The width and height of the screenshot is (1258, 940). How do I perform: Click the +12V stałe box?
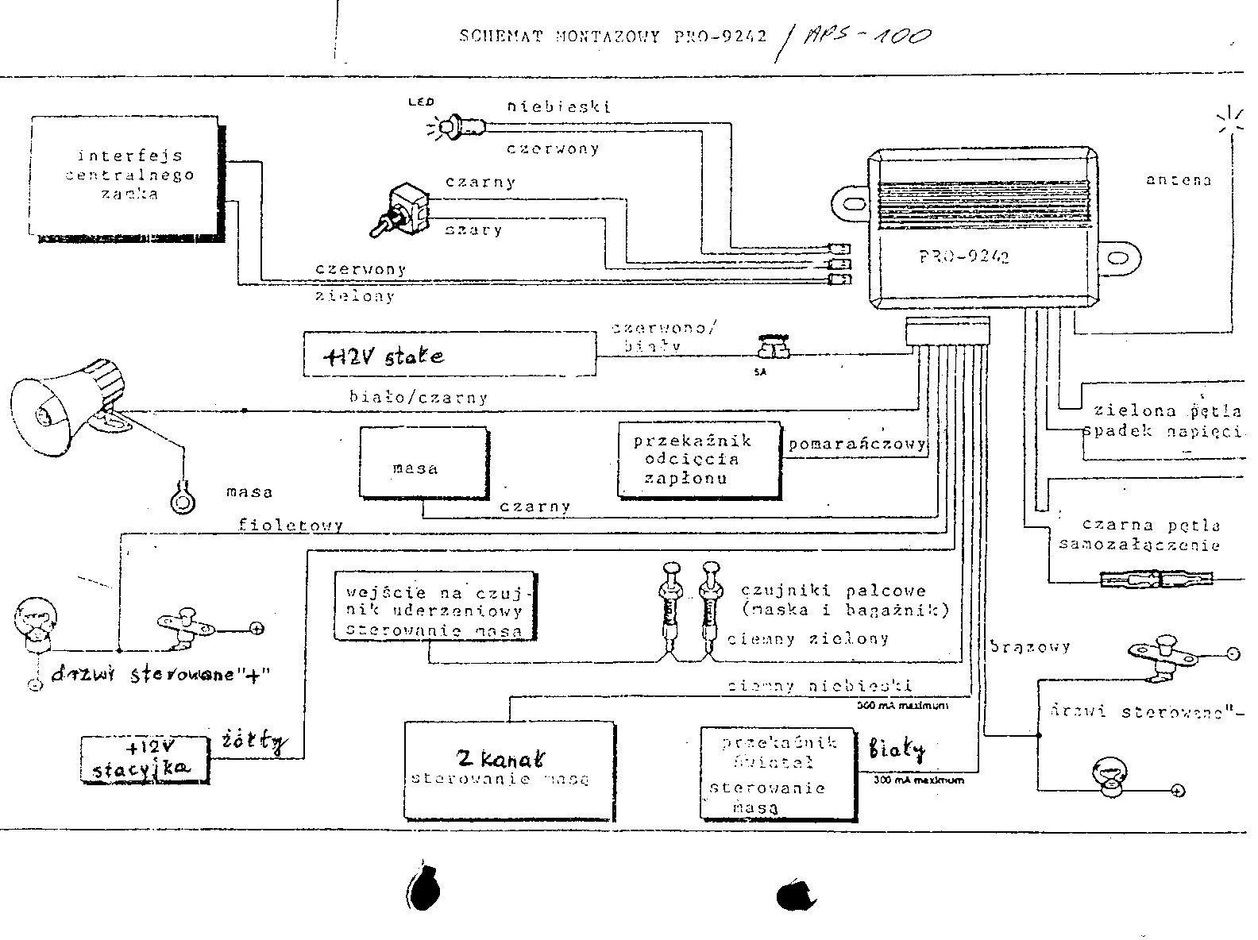(449, 354)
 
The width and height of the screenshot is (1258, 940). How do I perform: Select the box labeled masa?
(423, 462)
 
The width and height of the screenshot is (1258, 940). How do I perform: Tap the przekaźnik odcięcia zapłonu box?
(699, 460)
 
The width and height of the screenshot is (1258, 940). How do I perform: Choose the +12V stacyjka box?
(146, 760)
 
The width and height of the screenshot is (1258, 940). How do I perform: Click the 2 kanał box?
(509, 769)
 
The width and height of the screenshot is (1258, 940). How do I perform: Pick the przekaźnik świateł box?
(778, 772)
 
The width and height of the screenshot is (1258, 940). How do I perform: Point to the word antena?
(1179, 180)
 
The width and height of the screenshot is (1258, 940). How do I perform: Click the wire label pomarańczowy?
(857, 444)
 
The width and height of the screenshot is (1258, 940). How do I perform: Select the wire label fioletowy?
(291, 525)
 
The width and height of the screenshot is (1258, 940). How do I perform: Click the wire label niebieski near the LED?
(559, 106)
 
